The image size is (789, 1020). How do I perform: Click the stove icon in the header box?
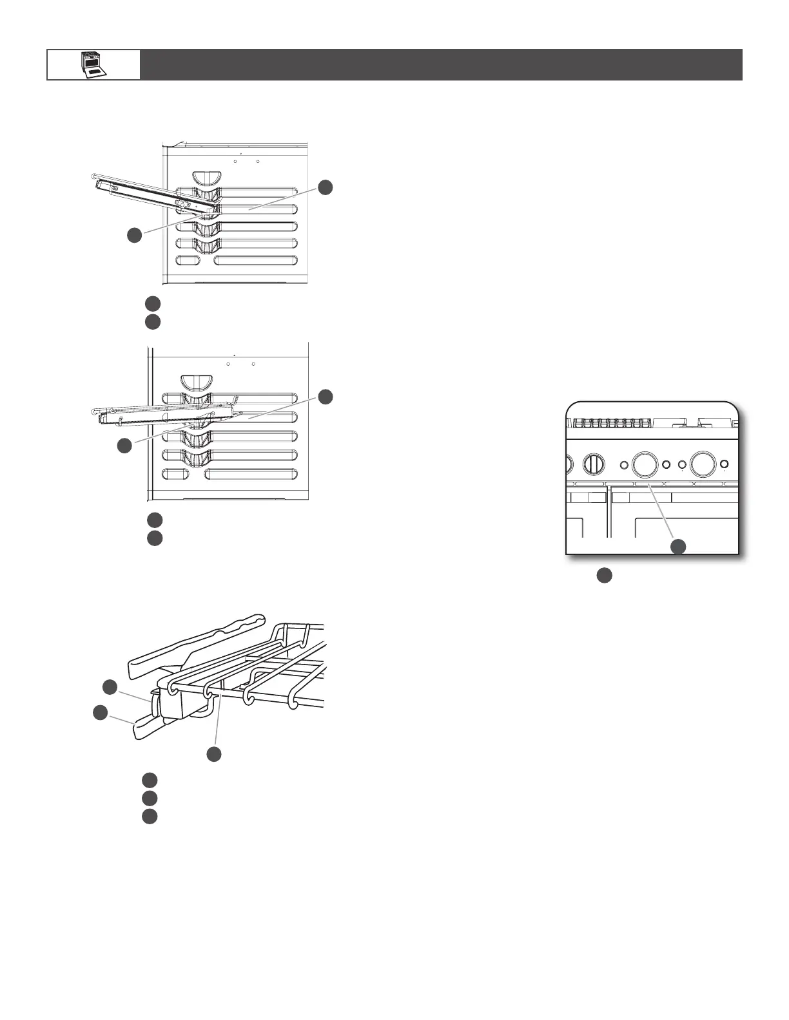(93, 64)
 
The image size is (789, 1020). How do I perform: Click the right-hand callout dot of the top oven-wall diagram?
(326, 187)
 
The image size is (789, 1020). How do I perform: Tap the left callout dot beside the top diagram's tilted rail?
(134, 235)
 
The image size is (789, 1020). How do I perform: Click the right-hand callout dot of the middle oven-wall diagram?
(326, 396)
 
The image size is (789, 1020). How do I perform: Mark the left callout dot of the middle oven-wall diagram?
(124, 445)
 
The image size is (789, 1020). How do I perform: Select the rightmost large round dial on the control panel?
(703, 464)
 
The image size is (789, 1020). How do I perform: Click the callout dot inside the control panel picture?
(677, 547)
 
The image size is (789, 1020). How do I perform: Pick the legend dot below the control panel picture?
(603, 575)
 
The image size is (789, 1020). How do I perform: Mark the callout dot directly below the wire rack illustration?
(215, 753)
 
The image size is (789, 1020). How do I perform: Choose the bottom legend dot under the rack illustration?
(150, 817)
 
